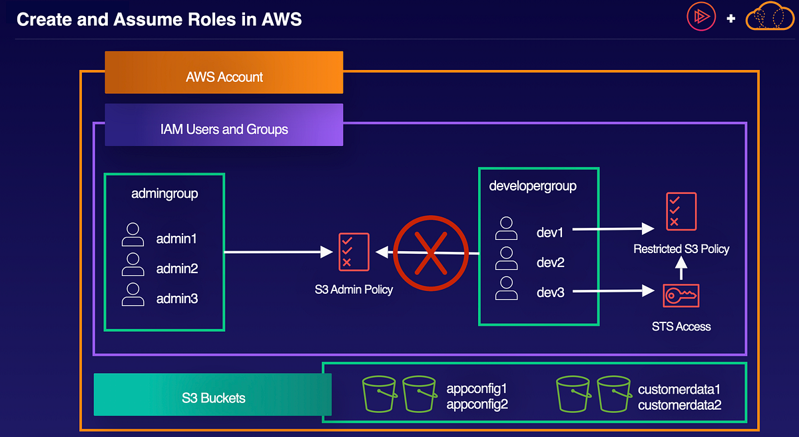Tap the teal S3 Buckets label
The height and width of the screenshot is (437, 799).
coord(213,398)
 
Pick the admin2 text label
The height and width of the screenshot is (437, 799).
coord(176,269)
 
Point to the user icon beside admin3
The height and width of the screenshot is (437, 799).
coord(133,295)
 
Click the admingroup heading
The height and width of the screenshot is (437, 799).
coord(165,194)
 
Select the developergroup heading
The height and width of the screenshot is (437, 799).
coord(533,187)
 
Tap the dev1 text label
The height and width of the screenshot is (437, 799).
coord(550,232)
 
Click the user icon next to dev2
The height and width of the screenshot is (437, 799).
coord(506,259)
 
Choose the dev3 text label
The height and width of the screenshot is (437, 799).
coord(550,292)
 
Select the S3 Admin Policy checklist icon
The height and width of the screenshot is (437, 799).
coord(354,251)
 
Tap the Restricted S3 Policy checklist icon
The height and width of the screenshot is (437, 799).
coord(681,211)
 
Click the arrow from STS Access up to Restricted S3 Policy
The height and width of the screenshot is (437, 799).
coord(680,268)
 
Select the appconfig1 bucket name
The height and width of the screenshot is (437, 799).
coord(477,388)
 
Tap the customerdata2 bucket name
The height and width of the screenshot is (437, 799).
coord(679,404)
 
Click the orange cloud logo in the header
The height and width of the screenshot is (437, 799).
coord(770,18)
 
